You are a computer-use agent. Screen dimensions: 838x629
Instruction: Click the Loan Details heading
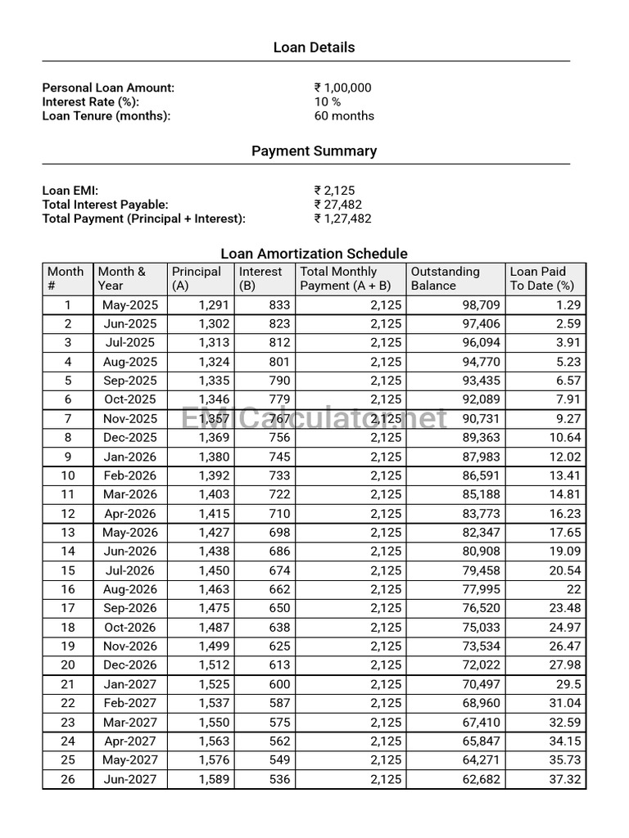[314, 47]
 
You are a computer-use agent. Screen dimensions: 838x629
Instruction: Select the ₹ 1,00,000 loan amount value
[342, 88]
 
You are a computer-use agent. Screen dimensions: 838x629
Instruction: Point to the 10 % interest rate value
[328, 101]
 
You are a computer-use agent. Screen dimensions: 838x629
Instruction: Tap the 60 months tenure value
[344, 115]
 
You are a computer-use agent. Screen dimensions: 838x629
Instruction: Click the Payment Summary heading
[314, 151]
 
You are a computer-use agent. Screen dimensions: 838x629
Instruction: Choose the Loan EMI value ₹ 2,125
[334, 191]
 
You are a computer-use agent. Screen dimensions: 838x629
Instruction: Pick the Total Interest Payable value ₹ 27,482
[337, 205]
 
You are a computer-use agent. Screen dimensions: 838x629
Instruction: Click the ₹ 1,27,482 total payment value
[342, 219]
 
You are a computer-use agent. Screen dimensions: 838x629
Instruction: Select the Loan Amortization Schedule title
[314, 254]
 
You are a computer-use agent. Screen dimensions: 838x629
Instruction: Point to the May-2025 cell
[129, 305]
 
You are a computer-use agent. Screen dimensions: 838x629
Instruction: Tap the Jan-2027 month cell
[129, 684]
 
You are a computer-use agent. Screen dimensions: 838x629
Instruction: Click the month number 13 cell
[68, 533]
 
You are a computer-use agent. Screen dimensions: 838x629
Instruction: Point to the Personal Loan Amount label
[108, 88]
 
